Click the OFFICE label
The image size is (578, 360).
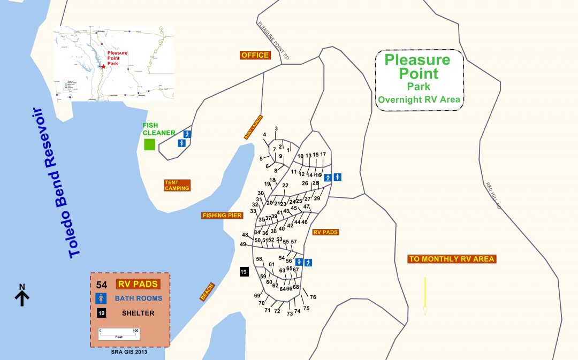[255, 55]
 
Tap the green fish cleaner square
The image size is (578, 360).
[149, 144]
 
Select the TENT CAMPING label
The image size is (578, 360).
[177, 185]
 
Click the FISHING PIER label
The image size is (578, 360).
[222, 216]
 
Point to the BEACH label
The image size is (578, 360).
[207, 292]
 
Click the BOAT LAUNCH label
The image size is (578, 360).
[253, 127]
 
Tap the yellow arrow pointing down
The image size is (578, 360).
[425, 296]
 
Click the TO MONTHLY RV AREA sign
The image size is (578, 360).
[452, 259]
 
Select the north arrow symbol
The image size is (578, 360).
[22, 295]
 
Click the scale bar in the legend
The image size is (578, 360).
[118, 333]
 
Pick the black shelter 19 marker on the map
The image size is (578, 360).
[244, 272]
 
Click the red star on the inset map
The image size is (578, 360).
[103, 66]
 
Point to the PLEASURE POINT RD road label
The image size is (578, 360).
[273, 41]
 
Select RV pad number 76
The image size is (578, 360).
[313, 297]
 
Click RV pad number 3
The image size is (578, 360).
[276, 128]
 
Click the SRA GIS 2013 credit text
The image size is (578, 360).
[128, 351]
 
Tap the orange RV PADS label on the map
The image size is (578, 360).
[325, 232]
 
